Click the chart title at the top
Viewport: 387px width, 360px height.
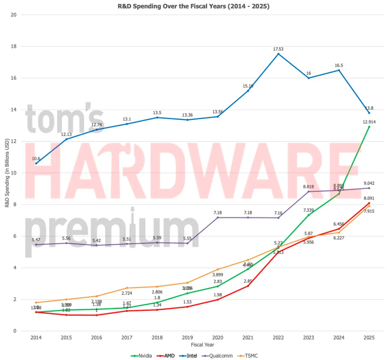[x=193, y=6]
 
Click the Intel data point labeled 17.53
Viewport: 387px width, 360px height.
[x=278, y=54]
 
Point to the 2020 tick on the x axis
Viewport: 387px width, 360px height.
[x=217, y=338]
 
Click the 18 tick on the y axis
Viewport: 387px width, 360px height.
[x=14, y=46]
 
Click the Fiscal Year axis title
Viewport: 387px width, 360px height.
[x=203, y=345]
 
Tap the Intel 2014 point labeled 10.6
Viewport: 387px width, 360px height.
[x=36, y=163]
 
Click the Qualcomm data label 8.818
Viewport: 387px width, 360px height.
[x=308, y=186]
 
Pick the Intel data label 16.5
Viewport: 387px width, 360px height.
[x=339, y=65]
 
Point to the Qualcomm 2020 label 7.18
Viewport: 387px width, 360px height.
[x=217, y=212]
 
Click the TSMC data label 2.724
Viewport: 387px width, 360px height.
[x=127, y=293]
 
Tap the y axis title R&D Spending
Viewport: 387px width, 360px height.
[x=6, y=173]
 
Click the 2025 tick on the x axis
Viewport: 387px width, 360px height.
[x=369, y=338]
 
